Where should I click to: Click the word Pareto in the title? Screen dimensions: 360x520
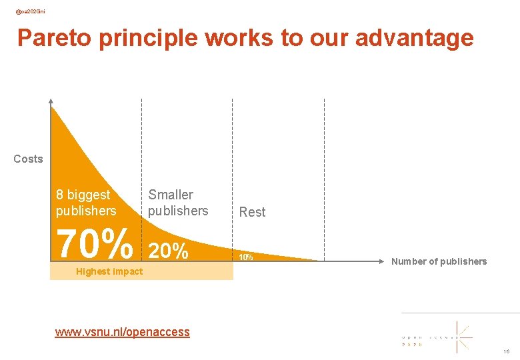click(x=54, y=38)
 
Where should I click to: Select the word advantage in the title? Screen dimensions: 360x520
click(x=414, y=38)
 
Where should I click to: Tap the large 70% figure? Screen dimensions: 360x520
click(x=95, y=245)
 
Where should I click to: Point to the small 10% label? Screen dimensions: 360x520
click(x=245, y=257)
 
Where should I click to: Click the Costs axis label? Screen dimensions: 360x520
click(x=28, y=159)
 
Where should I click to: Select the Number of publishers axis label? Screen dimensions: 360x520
click(x=439, y=261)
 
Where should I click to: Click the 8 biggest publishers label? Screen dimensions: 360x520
click(x=86, y=203)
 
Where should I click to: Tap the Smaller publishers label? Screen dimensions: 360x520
click(x=178, y=203)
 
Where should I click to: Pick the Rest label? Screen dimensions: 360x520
click(x=252, y=212)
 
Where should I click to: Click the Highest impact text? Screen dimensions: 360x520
click(x=109, y=271)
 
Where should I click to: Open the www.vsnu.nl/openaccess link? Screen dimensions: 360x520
click(x=122, y=331)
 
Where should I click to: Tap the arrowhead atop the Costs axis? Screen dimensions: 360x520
click(x=51, y=101)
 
